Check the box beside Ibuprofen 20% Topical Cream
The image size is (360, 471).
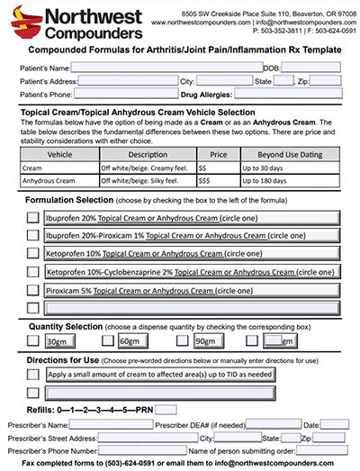tap(32, 218)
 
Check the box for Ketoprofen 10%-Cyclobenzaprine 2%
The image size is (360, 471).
tap(32, 271)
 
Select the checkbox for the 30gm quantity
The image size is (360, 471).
tap(32, 341)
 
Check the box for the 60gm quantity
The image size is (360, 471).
tap(107, 341)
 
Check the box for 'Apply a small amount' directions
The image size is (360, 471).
tap(32, 375)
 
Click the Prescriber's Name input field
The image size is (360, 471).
tap(110, 424)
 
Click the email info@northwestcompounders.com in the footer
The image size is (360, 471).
tap(274, 464)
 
